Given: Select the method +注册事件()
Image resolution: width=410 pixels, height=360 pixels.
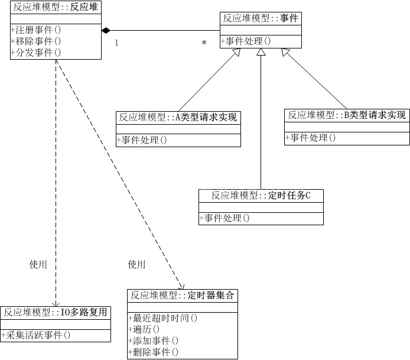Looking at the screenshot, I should pyautogui.click(x=37, y=29).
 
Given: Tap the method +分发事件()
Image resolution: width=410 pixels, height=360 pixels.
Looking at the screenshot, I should pyautogui.click(x=37, y=52).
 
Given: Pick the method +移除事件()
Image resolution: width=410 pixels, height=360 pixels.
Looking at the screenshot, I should pyautogui.click(x=37, y=41).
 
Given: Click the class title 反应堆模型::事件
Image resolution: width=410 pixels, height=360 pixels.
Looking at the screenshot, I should pyautogui.click(x=261, y=18).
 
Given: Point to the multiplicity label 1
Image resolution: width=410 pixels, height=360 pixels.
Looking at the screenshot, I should pyautogui.click(x=116, y=43).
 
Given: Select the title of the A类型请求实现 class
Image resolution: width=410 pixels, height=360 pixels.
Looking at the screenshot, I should pyautogui.click(x=178, y=117).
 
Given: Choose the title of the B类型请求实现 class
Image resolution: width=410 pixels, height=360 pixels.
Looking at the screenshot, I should pyautogui.click(x=347, y=115).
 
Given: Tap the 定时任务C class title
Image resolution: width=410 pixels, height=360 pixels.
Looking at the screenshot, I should pyautogui.click(x=261, y=196).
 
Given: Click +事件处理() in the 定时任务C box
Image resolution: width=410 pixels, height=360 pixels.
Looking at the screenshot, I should pyautogui.click(x=225, y=218).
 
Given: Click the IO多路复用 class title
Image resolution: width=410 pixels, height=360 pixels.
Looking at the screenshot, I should pyautogui.click(x=56, y=312).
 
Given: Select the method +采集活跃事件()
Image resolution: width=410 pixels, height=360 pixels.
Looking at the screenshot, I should pyautogui.click(x=37, y=335).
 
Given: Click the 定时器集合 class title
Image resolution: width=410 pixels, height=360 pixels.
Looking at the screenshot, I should pyautogui.click(x=183, y=295).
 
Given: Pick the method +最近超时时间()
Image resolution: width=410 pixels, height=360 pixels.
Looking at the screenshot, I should pyautogui.click(x=162, y=318).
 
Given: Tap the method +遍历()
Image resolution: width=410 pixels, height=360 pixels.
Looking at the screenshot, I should pyautogui.click(x=144, y=329).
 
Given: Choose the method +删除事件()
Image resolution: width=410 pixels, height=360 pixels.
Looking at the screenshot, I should pyautogui.click(x=154, y=352).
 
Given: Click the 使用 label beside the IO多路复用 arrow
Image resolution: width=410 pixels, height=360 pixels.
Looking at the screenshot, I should pyautogui.click(x=38, y=264).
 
